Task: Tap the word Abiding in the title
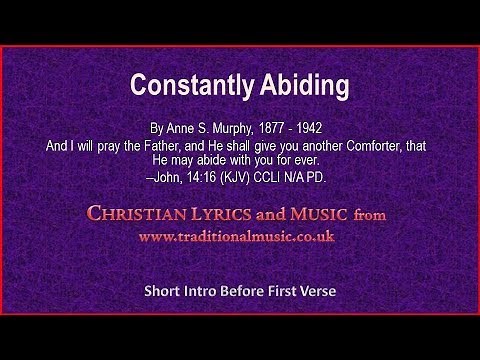point(304,87)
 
